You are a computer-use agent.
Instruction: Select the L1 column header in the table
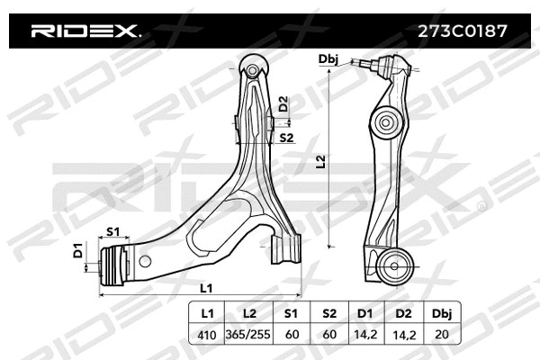[207, 315]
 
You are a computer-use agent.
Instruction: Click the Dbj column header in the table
[443, 315]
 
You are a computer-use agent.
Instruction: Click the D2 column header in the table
[403, 315]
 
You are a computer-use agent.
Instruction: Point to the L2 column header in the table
[250, 315]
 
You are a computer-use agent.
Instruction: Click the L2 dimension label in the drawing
[321, 162]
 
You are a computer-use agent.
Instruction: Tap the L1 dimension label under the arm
[206, 287]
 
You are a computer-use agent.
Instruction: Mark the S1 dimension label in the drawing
[114, 231]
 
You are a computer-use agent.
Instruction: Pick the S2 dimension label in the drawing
[286, 138]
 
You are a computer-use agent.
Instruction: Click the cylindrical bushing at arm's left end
[114, 265]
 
